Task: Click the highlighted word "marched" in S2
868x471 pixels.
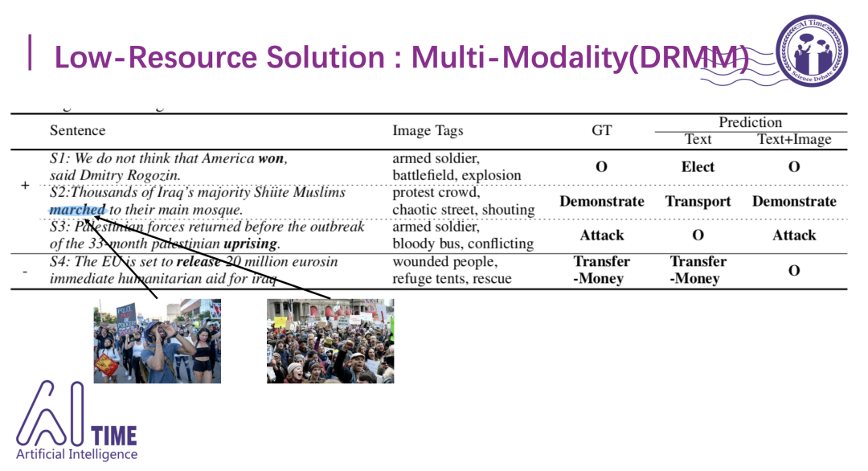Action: click(77, 210)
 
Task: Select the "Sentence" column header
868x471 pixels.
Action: click(77, 130)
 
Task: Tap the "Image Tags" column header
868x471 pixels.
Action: click(428, 130)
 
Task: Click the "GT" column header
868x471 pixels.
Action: click(601, 130)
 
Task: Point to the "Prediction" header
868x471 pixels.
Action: click(750, 122)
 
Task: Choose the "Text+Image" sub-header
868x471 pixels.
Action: click(794, 140)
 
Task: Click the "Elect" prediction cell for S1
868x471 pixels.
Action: click(698, 167)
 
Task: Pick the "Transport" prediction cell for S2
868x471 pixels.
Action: click(698, 201)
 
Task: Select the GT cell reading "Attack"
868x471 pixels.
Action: click(601, 235)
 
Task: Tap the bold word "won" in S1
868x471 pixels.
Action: click(272, 158)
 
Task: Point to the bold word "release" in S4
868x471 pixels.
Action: click(198, 262)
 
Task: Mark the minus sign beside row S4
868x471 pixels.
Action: click(25, 272)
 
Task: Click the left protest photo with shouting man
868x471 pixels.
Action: click(158, 341)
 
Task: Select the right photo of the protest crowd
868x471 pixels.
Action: click(330, 341)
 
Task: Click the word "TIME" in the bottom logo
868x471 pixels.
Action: click(114, 436)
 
